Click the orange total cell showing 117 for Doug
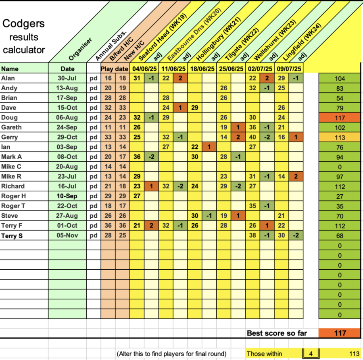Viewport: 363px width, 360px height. (x=340, y=118)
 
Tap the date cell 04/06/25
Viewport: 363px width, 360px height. (x=144, y=69)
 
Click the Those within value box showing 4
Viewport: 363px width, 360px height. (x=311, y=354)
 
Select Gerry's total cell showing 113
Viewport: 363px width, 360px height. (x=340, y=137)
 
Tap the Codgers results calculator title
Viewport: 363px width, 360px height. (x=23, y=37)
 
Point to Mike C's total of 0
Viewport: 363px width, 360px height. (x=340, y=167)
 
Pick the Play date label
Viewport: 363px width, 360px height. (x=114, y=69)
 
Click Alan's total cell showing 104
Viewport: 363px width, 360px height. (x=340, y=79)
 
